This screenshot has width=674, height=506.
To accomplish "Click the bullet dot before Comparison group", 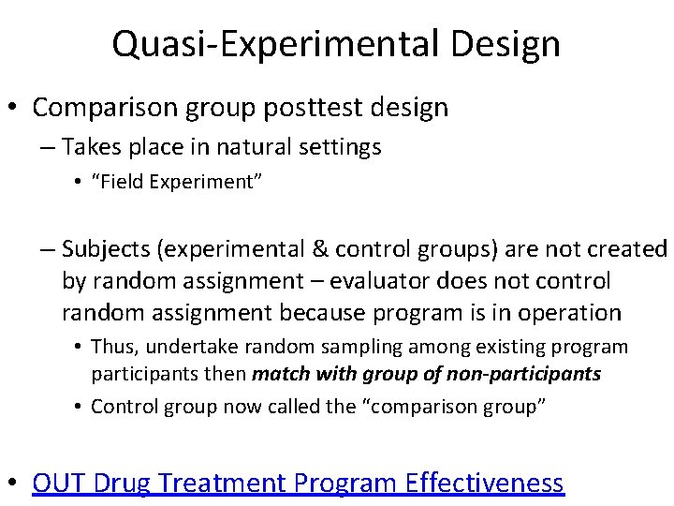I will coord(14,108).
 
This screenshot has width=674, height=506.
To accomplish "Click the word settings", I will coord(347,147).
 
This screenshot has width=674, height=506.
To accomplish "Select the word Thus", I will coord(115,347).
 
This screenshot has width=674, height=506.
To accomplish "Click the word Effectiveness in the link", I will coord(485,483).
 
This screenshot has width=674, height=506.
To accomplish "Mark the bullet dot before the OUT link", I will coord(14,483).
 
